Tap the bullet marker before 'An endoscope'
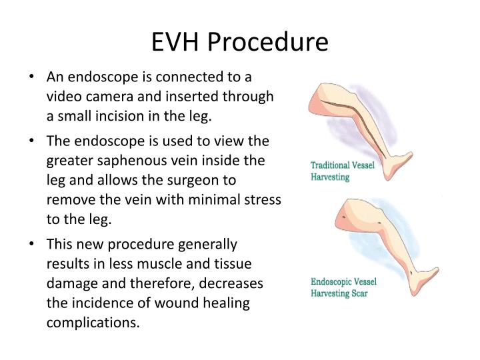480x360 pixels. coord(31,77)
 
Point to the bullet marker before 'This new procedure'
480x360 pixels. coord(31,244)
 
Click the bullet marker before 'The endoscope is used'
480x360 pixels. coord(31,141)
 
